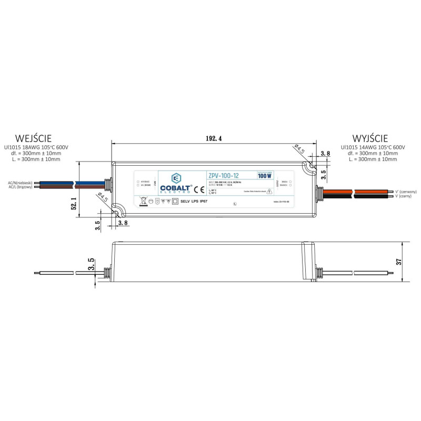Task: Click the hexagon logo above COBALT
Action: pyautogui.click(x=177, y=177)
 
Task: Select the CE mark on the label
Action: pyautogui.click(x=196, y=188)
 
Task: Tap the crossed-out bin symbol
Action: pyautogui.click(x=142, y=201)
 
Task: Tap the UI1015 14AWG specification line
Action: pyautogui.click(x=373, y=147)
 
